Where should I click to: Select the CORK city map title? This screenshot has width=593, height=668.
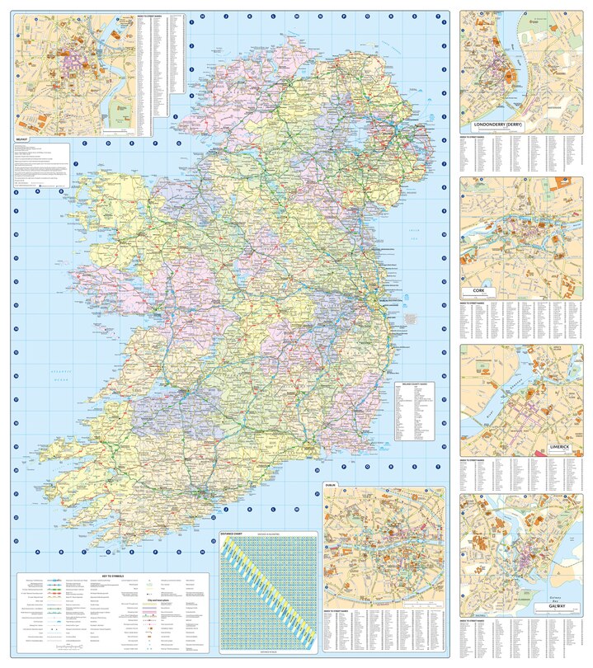click(479, 291)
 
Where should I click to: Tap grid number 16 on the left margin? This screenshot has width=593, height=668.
click(16, 375)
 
